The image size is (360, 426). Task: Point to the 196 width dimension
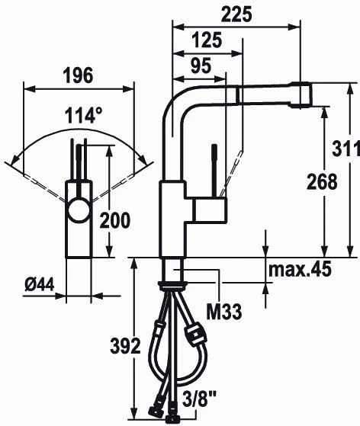77,75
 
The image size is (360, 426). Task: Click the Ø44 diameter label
40,284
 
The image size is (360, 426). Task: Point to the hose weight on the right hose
195,333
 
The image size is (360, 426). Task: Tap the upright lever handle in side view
216,171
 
